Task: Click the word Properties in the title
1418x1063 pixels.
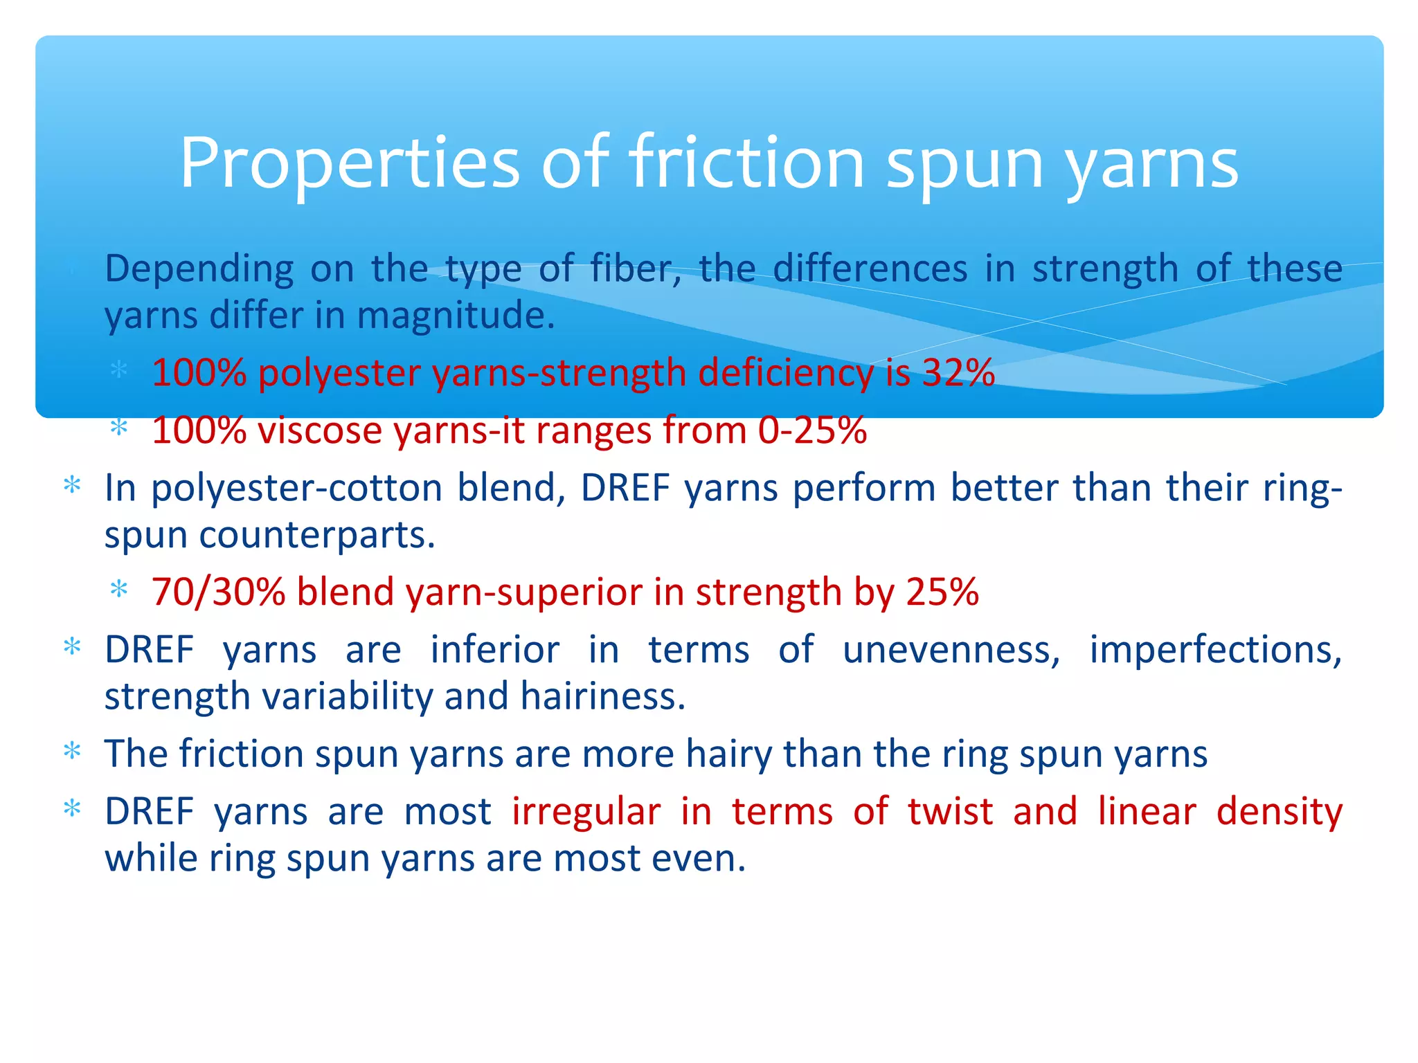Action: point(349,163)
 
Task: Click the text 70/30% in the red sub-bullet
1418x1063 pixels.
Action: point(218,592)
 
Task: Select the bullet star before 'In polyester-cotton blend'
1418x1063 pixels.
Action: point(72,485)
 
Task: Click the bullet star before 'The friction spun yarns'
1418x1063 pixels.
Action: point(72,751)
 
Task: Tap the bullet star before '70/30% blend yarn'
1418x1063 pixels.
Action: point(119,590)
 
